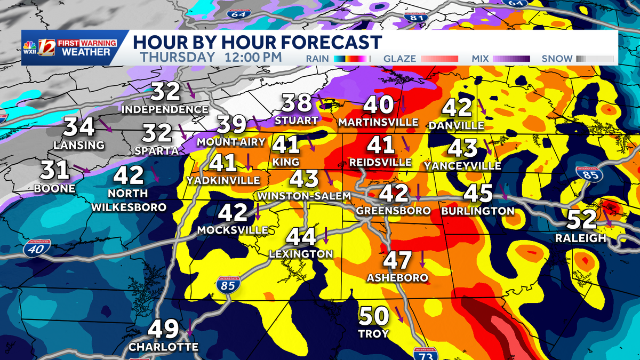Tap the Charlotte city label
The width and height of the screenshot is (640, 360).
(163, 347)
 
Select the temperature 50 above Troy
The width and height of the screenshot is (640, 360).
(373, 316)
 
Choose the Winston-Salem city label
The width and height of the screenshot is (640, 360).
(304, 196)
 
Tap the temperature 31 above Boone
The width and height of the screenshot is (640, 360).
(56, 171)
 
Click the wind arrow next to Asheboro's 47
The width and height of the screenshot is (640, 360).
(422, 259)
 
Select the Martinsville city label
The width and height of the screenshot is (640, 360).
(378, 123)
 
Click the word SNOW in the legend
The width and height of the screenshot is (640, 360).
(557, 59)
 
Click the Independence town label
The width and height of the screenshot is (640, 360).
(165, 109)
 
